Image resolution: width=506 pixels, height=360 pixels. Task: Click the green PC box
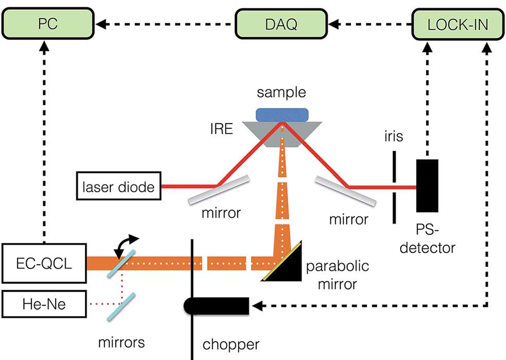click(x=47, y=24)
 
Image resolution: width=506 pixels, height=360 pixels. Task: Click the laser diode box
click(x=119, y=187)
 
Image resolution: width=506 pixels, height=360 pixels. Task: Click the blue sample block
click(x=282, y=114)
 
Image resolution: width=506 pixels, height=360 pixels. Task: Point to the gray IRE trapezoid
click(x=282, y=133)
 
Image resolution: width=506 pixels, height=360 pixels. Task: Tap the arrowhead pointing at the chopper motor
click(x=256, y=305)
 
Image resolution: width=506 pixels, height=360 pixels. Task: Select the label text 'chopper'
click(x=231, y=344)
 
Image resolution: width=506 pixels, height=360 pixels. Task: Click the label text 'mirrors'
click(x=121, y=342)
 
